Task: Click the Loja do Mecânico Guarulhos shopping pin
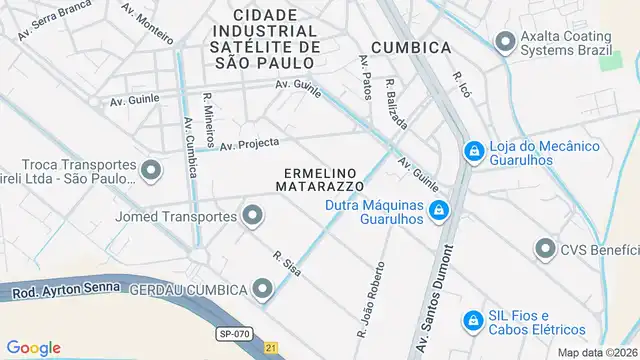[473, 152]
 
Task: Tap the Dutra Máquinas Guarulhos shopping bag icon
[437, 211]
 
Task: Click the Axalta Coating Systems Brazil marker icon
[505, 41]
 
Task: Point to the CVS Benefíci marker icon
[545, 248]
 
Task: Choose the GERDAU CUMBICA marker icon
[263, 289]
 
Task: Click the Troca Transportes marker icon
[151, 171]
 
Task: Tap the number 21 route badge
[271, 347]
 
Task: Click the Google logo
[33, 347]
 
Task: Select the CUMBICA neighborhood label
[410, 47]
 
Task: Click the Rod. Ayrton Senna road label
[64, 290]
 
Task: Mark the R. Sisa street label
[287, 263]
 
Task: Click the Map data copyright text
[598, 352]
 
